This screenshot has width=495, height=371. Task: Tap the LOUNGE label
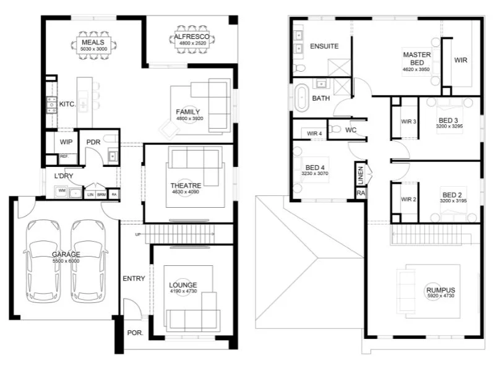pos(183,285)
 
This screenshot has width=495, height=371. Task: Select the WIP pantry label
pos(66,142)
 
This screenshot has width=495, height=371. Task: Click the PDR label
pos(93,142)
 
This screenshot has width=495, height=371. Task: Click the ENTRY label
pos(134,278)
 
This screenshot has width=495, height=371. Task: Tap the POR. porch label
pos(135,333)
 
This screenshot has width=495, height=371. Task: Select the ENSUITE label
pos(324,46)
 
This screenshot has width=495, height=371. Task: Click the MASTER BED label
pos(416,58)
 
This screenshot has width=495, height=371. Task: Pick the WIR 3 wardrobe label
pos(408,122)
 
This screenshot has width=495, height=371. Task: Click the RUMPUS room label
pos(440,290)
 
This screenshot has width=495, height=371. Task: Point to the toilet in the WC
pos(335,129)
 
